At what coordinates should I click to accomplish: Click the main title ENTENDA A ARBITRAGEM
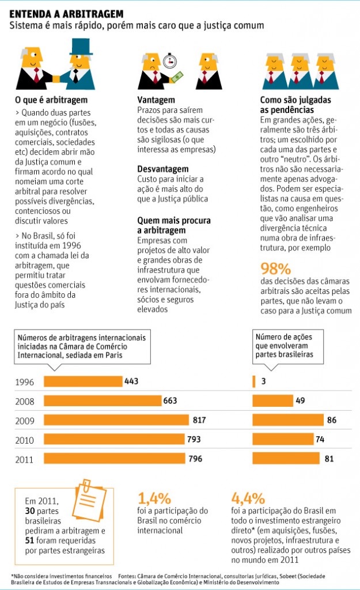(66, 14)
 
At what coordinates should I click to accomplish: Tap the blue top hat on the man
(81, 47)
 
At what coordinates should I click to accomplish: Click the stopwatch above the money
(169, 61)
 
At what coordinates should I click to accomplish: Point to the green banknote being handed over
(176, 77)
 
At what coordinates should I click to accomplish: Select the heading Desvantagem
(163, 169)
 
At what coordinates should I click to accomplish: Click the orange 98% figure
(276, 268)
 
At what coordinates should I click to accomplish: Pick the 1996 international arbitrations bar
(83, 381)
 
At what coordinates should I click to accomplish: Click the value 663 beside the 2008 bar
(170, 400)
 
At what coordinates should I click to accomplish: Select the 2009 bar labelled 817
(116, 420)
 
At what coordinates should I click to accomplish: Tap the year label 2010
(24, 440)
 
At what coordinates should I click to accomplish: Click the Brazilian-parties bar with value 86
(288, 420)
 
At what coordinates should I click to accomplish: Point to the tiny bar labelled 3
(253, 381)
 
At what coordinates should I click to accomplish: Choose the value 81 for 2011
(329, 459)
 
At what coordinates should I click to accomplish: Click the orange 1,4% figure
(154, 498)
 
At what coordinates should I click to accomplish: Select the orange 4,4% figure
(248, 498)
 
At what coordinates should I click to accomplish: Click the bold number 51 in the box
(30, 540)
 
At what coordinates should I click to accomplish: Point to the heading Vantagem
(156, 100)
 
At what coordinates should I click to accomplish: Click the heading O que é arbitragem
(51, 100)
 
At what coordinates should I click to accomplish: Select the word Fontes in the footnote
(127, 576)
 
